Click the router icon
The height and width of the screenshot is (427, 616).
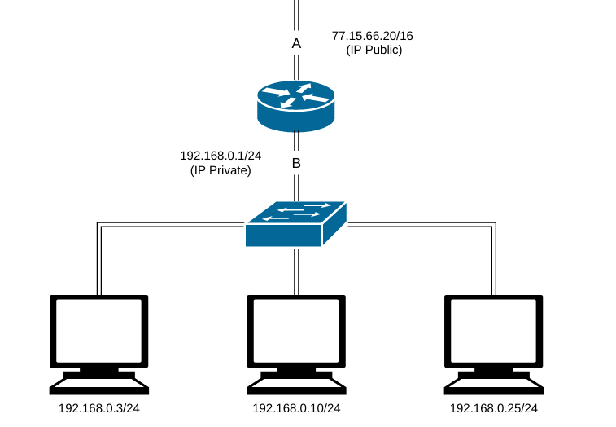[295, 105]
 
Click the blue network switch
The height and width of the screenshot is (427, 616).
[295, 223]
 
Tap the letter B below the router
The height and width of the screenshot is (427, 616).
[296, 164]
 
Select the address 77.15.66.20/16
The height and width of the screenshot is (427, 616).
[373, 37]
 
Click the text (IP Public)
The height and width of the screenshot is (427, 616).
[374, 50]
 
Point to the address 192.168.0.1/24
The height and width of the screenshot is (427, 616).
[221, 155]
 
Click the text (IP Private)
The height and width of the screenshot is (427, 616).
[221, 170]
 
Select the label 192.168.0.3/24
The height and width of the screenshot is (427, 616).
[99, 408]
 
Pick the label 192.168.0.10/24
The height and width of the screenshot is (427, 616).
[296, 408]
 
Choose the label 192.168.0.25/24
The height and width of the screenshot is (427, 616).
[494, 408]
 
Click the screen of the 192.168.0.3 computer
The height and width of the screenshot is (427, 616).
[99, 331]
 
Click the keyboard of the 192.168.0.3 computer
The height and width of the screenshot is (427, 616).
[99, 381]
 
